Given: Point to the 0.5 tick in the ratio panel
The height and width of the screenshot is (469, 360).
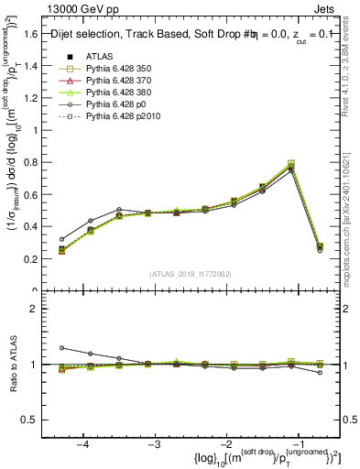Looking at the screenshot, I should click(31, 420).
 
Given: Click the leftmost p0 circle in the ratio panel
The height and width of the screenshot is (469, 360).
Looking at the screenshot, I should click(61, 348).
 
